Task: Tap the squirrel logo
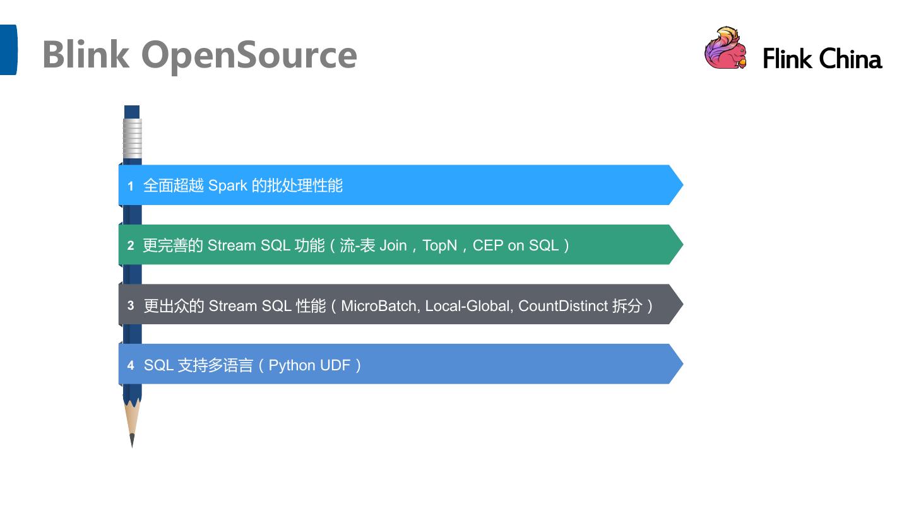coord(725,48)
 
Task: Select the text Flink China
coord(822,59)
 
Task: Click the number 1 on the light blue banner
coord(131,186)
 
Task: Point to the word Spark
coord(227,185)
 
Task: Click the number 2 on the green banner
coord(131,245)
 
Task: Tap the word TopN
coord(439,245)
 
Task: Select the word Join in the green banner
coord(393,245)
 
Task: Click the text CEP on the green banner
coord(487,245)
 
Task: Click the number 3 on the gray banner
coord(131,305)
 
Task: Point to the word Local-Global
coord(468,306)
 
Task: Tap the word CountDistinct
coord(562,306)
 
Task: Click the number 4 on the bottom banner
coord(131,365)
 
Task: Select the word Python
coord(293,365)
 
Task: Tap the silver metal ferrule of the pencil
coord(132,138)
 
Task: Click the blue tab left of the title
coord(8,50)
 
